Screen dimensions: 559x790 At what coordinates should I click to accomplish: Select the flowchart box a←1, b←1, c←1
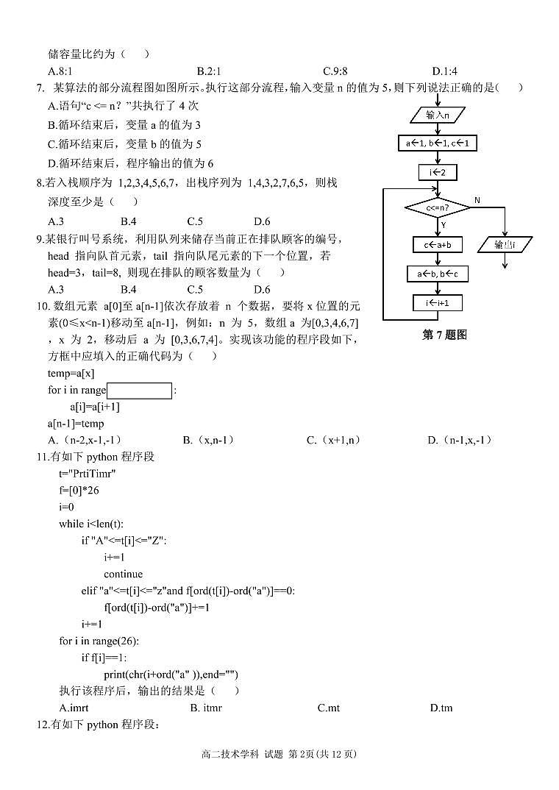pos(437,143)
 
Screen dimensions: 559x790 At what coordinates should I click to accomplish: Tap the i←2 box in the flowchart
pos(437,173)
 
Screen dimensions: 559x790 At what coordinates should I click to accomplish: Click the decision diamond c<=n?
pos(437,208)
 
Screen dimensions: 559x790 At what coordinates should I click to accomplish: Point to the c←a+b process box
pos(438,244)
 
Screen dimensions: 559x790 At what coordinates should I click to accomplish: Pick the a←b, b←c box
pos(438,274)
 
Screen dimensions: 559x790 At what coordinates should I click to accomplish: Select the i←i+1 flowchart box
pos(438,302)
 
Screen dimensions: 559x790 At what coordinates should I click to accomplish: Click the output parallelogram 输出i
pos(505,244)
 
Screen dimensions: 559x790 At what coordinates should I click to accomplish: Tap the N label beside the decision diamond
pos(477,200)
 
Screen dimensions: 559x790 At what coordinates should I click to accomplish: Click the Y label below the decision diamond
pos(444,225)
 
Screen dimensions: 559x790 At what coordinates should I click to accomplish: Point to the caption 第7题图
pos(444,335)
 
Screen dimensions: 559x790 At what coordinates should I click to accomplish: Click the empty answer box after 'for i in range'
pos(139,391)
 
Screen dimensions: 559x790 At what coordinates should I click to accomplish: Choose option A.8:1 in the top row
pos(60,71)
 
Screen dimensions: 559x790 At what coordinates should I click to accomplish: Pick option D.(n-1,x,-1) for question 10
pos(460,440)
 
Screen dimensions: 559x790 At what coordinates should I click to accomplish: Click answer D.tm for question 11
pos(441,708)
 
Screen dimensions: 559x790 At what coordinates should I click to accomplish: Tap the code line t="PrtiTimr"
pos(88,474)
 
